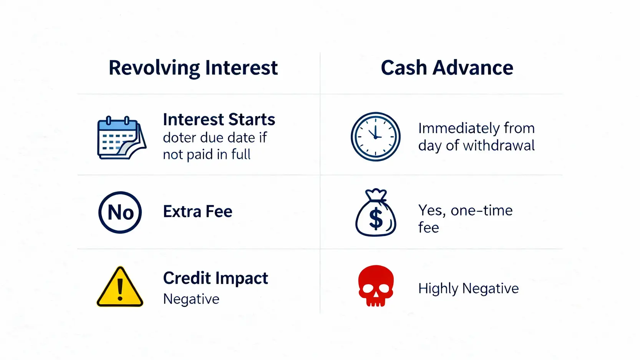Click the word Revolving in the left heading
154,68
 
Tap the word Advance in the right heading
473,68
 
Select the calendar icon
122,138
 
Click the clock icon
375,136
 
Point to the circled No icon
120,212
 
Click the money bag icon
376,212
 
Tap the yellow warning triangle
120,287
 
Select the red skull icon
376,286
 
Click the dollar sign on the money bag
376,218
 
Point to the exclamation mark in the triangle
120,289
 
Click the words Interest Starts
219,119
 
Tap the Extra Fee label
197,211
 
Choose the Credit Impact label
216,278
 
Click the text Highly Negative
468,288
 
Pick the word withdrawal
499,146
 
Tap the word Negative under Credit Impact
191,299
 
